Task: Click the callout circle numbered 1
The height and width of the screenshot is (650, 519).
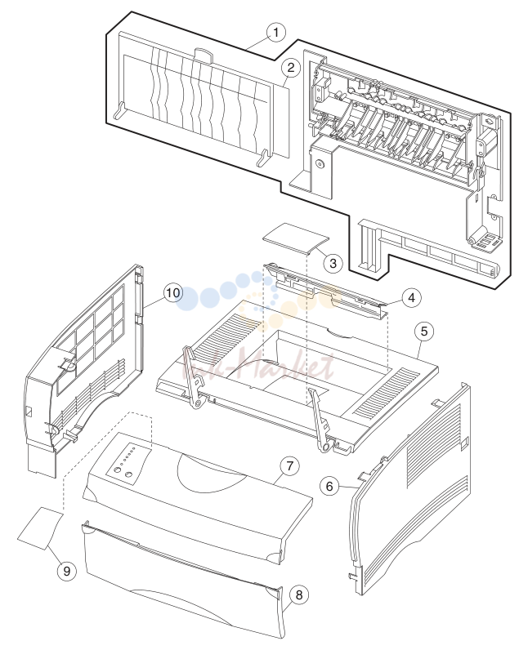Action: click(276, 33)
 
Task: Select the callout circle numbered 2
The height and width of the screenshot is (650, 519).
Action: click(290, 68)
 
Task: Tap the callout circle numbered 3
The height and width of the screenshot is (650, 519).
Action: click(333, 263)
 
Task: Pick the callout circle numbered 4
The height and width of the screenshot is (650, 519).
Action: click(411, 297)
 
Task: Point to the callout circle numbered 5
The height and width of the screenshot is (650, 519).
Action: click(424, 332)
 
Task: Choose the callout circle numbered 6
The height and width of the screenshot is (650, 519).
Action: click(329, 486)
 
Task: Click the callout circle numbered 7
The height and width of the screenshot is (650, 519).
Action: click(289, 466)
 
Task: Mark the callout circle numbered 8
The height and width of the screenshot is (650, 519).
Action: click(298, 595)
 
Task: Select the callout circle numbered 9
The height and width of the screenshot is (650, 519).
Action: click(66, 572)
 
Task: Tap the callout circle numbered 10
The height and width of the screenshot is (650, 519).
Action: click(173, 292)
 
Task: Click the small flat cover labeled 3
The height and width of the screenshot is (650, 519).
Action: click(295, 238)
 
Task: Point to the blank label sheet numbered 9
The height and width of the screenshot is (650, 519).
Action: click(40, 528)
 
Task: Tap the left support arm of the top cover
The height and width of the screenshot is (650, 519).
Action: click(192, 378)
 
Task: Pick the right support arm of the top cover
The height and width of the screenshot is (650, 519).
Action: click(320, 420)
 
